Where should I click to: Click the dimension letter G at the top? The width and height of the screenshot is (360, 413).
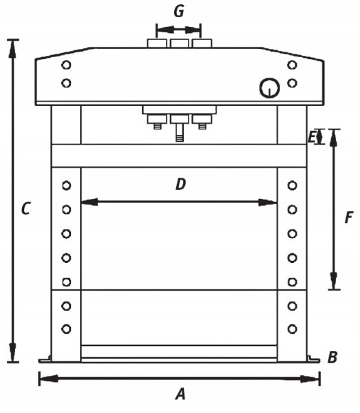179,11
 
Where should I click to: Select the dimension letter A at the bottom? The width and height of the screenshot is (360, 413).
180,394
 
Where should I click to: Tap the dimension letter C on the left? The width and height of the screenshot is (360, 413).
25,209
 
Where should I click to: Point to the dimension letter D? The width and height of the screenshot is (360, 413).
180,184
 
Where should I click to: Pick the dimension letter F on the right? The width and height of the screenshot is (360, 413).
348,218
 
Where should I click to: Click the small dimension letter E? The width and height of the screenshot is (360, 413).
312,137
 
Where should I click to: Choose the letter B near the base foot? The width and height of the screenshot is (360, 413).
332,357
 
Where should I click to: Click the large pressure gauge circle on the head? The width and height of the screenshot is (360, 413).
269,88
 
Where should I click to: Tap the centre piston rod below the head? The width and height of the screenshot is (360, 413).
180,132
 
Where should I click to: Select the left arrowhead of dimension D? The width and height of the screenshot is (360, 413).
89,202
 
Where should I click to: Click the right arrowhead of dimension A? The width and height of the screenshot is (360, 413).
310,379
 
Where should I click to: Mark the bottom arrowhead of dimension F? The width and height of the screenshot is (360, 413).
334,281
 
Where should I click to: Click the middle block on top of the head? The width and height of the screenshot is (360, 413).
180,43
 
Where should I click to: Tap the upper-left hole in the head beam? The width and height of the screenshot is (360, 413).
66,65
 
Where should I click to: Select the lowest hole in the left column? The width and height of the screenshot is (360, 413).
66,329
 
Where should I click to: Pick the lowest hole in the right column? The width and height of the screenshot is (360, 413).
293,329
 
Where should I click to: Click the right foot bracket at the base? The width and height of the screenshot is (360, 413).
313,359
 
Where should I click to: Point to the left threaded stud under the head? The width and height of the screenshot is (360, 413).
157,126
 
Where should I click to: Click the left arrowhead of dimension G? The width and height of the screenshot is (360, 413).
165,30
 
